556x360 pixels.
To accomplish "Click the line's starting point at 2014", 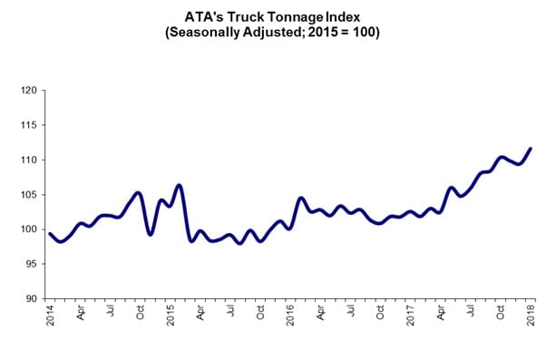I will point(51,234).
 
